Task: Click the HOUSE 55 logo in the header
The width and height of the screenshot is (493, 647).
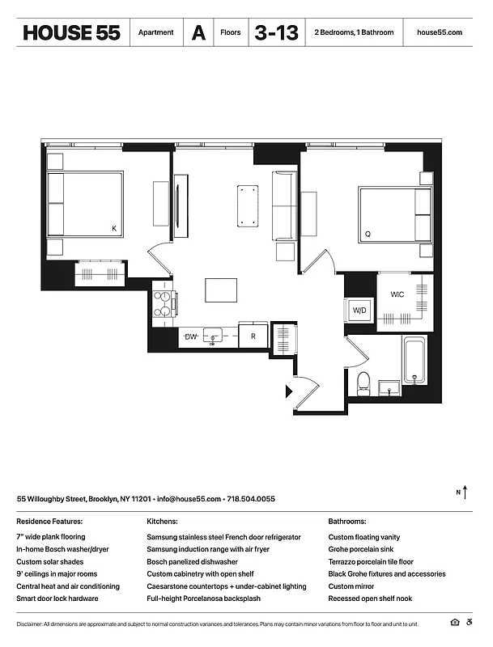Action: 71,32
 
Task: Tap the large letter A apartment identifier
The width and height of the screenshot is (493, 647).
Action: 198,33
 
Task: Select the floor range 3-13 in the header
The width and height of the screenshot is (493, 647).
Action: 277,32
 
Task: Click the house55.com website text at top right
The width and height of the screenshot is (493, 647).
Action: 439,33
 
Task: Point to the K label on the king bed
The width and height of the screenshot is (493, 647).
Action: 113,230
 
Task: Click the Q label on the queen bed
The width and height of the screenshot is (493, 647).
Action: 368,235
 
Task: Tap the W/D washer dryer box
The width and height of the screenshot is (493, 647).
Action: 358,310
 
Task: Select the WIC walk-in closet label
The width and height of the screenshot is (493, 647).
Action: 397,294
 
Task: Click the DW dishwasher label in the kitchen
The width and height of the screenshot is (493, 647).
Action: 191,336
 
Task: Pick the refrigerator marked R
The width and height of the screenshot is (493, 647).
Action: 253,336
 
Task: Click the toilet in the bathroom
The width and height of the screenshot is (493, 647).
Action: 363,380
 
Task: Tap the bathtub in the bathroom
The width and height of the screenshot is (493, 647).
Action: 415,362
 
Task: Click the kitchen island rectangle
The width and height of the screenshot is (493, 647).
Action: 221,290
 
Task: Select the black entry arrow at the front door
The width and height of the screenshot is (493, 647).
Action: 288,391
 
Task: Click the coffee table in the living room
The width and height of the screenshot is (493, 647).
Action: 249,205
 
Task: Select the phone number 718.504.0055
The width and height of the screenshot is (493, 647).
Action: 251,499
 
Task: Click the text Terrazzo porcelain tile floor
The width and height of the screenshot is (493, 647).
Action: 371,561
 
